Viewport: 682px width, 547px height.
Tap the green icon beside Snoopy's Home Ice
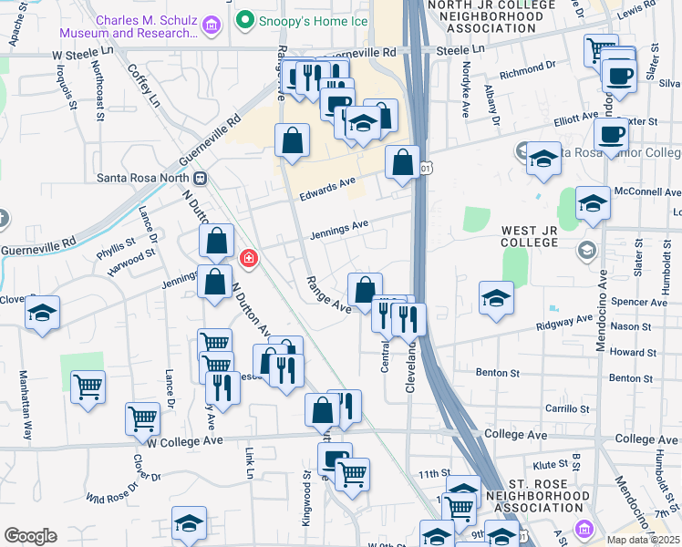point(243,19)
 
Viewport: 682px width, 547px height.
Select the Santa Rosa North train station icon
point(199,179)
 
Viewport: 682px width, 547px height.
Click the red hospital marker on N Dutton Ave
point(247,260)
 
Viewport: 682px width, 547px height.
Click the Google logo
point(30,536)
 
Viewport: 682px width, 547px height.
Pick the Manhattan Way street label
point(26,405)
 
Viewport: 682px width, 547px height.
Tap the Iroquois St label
point(59,91)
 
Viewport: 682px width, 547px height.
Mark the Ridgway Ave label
point(565,321)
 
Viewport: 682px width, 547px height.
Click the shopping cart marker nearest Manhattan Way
point(88,386)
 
